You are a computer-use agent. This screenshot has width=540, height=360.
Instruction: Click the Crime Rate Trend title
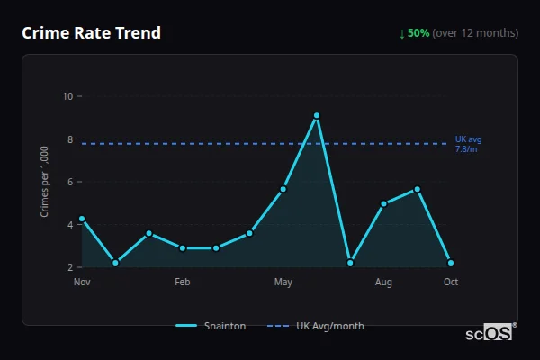91,33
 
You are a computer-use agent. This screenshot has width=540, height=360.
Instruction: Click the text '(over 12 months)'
475,33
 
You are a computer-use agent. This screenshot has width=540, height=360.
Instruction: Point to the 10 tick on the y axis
67,96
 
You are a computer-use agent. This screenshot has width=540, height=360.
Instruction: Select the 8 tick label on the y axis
69,139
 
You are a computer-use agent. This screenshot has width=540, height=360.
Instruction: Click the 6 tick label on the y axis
69,182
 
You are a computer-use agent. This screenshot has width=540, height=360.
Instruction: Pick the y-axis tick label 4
69,225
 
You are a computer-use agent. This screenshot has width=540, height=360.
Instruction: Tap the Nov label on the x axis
82,283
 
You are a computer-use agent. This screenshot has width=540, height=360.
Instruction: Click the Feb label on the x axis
182,283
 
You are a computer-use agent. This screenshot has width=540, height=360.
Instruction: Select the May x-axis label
283,283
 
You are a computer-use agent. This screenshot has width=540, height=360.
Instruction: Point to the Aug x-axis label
383,283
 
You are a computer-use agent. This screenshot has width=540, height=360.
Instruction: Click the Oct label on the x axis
451,283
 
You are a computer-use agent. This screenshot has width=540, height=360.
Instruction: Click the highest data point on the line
317,115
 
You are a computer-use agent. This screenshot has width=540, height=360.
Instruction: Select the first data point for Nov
82,219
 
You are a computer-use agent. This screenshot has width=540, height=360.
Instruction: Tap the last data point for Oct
451,263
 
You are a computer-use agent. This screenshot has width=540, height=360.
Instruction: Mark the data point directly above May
283,189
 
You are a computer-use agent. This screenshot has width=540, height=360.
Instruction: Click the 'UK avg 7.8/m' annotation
469,144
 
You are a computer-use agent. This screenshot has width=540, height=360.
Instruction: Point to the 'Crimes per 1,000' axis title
45,182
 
